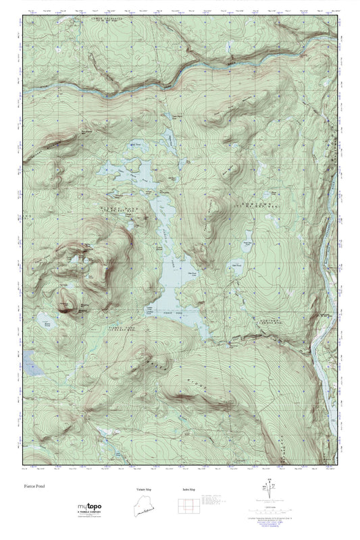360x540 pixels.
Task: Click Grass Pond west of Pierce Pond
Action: (x=47, y=322)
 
